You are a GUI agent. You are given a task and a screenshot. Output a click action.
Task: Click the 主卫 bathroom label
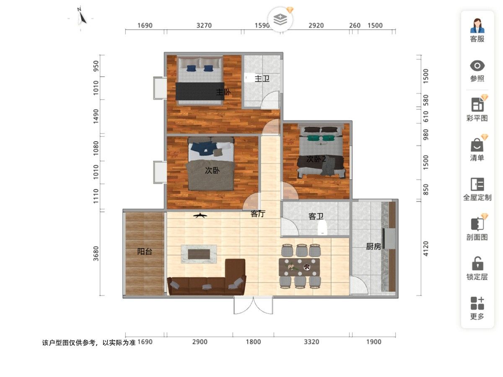262,79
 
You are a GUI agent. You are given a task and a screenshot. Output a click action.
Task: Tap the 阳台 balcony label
145,252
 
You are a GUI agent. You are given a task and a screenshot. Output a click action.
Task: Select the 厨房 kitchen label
373,246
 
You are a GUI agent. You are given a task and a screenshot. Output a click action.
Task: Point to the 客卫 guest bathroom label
316,216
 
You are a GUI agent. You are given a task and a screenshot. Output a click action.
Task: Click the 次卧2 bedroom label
316,159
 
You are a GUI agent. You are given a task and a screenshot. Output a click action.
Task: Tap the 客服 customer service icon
477,26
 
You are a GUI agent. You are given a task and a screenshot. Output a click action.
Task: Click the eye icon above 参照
477,66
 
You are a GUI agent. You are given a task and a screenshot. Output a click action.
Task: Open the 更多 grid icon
477,303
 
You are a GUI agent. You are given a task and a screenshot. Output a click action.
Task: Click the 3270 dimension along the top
204,26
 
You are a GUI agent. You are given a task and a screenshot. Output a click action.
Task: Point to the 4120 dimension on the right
425,248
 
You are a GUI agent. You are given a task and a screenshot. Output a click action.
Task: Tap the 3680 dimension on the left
96,253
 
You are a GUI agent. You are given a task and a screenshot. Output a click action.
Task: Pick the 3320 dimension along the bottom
311,342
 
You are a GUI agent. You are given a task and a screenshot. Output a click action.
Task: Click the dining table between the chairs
299,267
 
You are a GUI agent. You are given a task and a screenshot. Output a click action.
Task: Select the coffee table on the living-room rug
199,254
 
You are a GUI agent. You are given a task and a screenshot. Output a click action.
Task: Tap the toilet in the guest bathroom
322,227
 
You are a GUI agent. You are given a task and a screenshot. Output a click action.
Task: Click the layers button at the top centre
280,19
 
